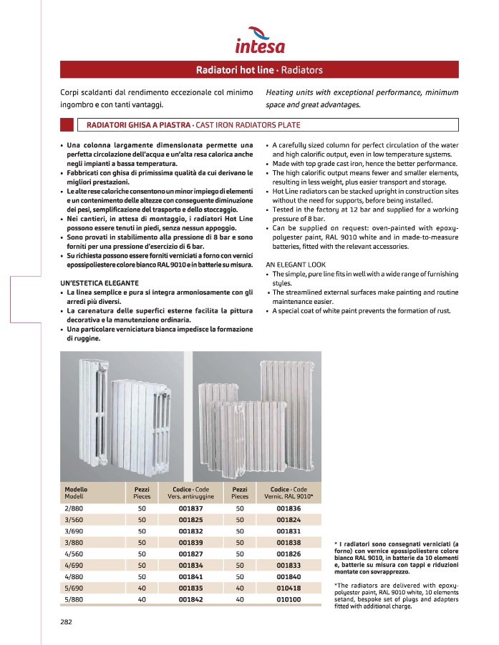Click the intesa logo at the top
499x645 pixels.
(260, 42)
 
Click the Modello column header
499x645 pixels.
(76, 488)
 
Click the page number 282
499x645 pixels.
(65, 622)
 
